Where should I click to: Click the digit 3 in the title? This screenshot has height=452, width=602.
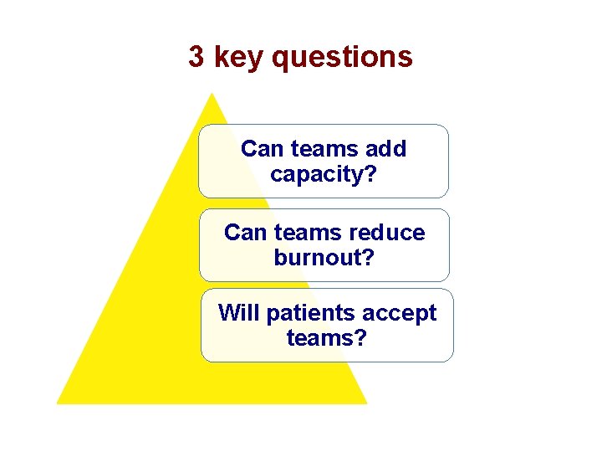[196, 57]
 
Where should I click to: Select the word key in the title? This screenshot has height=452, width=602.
[239, 58]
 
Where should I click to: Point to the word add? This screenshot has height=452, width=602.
[385, 149]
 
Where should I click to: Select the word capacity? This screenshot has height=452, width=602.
[318, 174]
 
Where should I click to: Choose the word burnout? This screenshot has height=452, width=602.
[318, 258]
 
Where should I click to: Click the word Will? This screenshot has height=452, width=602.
[236, 313]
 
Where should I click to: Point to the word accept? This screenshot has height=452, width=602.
[399, 313]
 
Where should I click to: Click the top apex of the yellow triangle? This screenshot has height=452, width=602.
[212, 94]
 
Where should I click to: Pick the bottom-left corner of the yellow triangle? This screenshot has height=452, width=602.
[58, 403]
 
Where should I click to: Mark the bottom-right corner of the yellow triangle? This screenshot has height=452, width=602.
[366, 403]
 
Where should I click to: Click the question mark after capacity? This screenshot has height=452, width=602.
[370, 174]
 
